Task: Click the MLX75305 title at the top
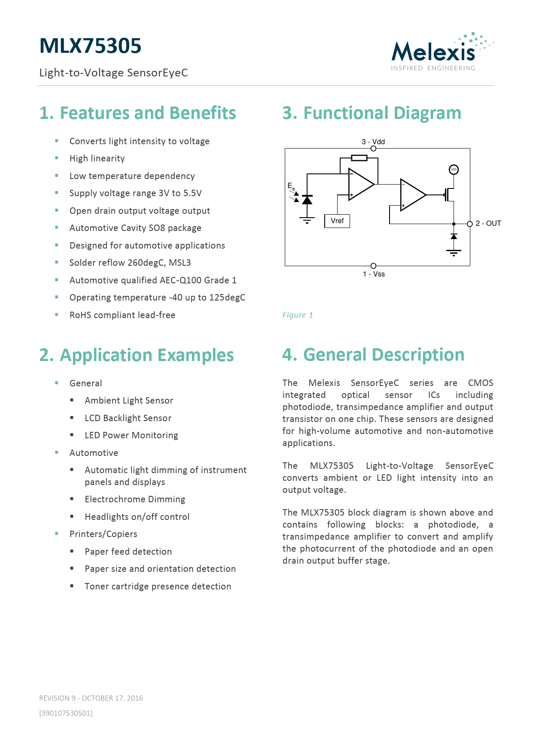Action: coord(90,46)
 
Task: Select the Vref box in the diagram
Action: coord(337,221)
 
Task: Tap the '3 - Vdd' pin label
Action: coord(373,142)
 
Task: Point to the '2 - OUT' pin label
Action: coord(488,224)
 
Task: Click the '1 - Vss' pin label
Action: coord(374,274)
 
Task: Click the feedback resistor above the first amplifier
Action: coord(359,158)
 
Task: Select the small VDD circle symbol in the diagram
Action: coord(454,170)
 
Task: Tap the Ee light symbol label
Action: coord(291,186)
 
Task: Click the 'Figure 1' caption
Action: coord(298,315)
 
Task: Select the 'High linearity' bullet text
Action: coord(97,158)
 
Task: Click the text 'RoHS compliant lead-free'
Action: coord(122,315)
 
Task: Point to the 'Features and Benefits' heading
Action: coord(138,113)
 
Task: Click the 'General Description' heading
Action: coord(373,355)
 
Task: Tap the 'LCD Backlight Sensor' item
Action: coord(128,418)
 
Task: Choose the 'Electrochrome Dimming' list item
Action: coord(135,499)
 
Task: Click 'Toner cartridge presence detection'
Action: coord(158,586)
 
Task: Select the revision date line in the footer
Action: coord(91,698)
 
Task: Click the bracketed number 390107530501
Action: coord(66,713)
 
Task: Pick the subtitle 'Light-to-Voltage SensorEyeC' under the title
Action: coord(113,73)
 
